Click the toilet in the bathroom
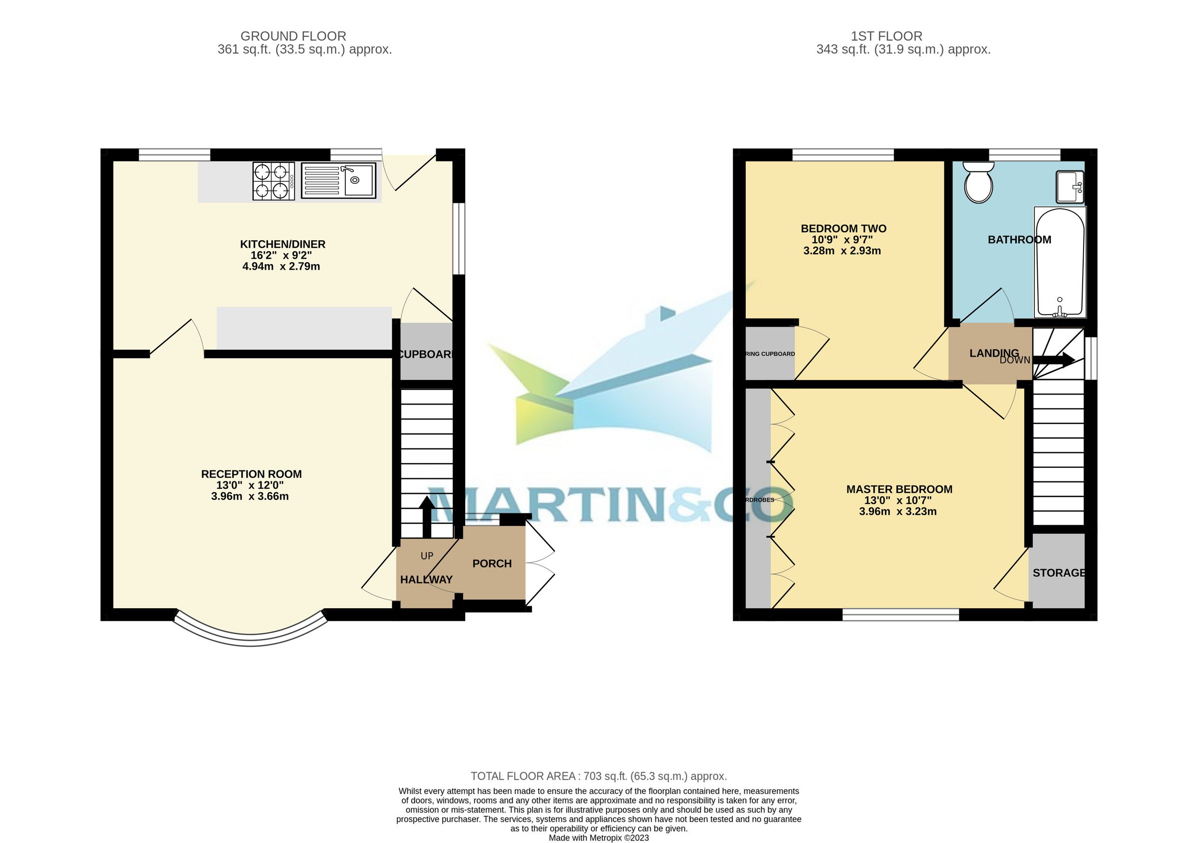coord(978,183)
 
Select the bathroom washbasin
coord(1070,186)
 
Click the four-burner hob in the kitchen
coord(272,181)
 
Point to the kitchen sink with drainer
coord(338,181)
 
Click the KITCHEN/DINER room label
coord(283,244)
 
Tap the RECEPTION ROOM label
coord(251,474)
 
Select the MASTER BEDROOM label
coord(899,489)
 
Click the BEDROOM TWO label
coord(843,229)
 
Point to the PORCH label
coord(492,564)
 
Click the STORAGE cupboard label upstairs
coord(1059,573)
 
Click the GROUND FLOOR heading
coord(293,36)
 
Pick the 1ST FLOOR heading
coord(887,36)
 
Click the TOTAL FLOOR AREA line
coord(599,776)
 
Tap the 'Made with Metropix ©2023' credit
coord(599,838)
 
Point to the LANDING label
coord(993,354)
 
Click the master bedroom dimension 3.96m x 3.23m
coord(898,511)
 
